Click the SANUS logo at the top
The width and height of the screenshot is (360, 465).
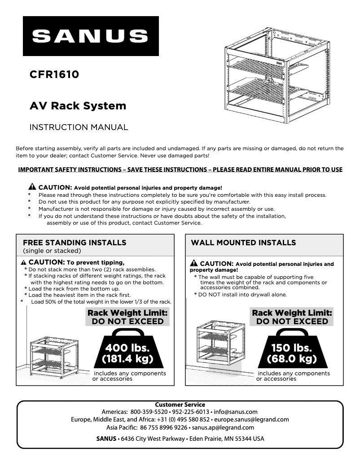[91, 36]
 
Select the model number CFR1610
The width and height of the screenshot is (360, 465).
[54, 74]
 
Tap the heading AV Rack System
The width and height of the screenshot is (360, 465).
[78, 106]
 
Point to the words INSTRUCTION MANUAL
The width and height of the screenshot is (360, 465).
[79, 127]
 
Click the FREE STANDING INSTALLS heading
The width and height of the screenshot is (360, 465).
[75, 243]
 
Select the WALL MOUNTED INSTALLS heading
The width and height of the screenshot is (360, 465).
[243, 243]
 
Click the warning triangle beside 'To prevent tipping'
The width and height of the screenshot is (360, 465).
[24, 262]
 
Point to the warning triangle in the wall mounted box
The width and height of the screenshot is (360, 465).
[194, 263]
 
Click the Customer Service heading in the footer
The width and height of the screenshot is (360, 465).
[180, 404]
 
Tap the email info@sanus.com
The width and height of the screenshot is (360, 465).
[235, 412]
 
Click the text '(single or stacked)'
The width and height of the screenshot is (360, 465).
[52, 251]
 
